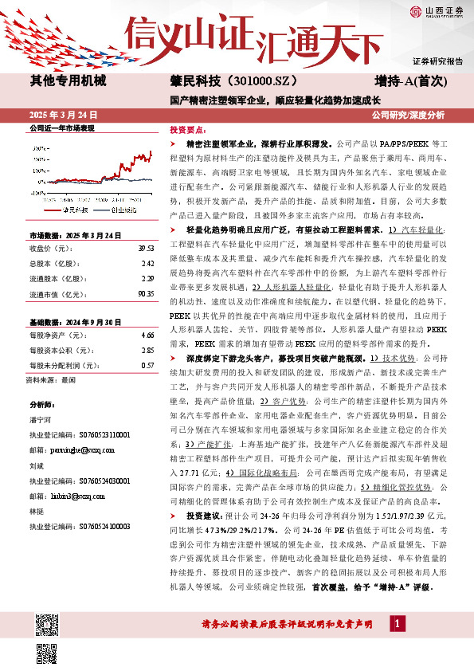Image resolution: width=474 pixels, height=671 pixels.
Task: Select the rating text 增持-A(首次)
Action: [412, 81]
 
